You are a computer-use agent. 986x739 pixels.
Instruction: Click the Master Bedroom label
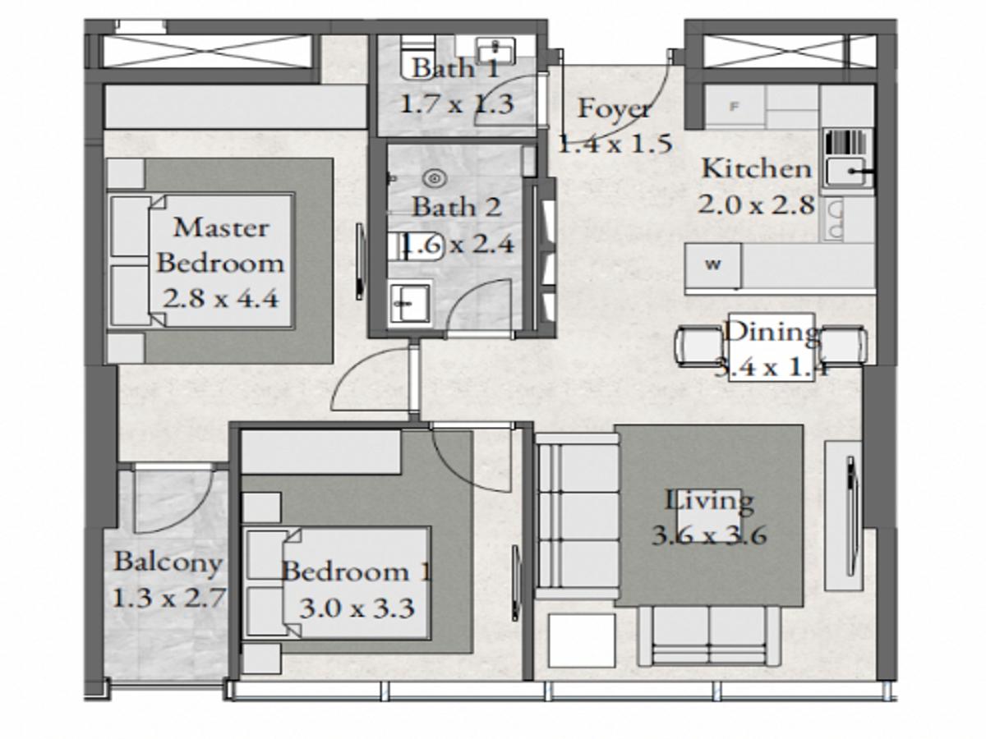(x=220, y=245)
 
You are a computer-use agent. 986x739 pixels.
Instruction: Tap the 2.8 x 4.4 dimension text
(x=220, y=298)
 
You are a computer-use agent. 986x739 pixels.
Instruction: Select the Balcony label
(x=168, y=562)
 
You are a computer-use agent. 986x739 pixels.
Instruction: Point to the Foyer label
(x=614, y=109)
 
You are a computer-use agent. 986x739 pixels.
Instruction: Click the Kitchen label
(x=757, y=169)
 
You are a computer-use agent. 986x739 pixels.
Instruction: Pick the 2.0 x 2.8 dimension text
(x=757, y=205)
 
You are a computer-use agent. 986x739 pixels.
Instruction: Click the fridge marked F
(x=734, y=107)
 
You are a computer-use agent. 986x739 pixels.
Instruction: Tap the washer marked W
(x=713, y=264)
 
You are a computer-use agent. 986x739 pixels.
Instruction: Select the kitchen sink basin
(x=845, y=172)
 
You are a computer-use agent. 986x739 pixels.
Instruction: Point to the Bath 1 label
(x=455, y=69)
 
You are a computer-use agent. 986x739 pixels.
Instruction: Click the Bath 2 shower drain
(x=435, y=179)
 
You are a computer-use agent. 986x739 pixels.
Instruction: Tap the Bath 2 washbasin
(x=409, y=303)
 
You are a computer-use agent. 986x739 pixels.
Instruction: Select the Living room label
(x=709, y=501)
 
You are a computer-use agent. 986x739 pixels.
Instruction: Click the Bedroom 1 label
(x=357, y=572)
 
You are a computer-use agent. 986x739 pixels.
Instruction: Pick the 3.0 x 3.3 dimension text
(x=357, y=609)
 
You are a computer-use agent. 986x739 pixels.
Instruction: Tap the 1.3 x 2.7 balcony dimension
(x=168, y=598)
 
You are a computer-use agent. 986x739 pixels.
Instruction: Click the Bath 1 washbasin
(x=495, y=49)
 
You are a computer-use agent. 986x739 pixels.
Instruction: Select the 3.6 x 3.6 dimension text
(x=709, y=535)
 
